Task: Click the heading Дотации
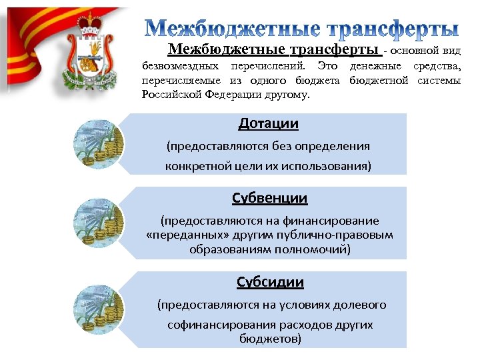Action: coord(269,124)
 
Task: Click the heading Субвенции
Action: coord(269,198)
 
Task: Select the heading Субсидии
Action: coord(270,282)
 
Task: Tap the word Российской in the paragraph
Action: coord(167,95)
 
